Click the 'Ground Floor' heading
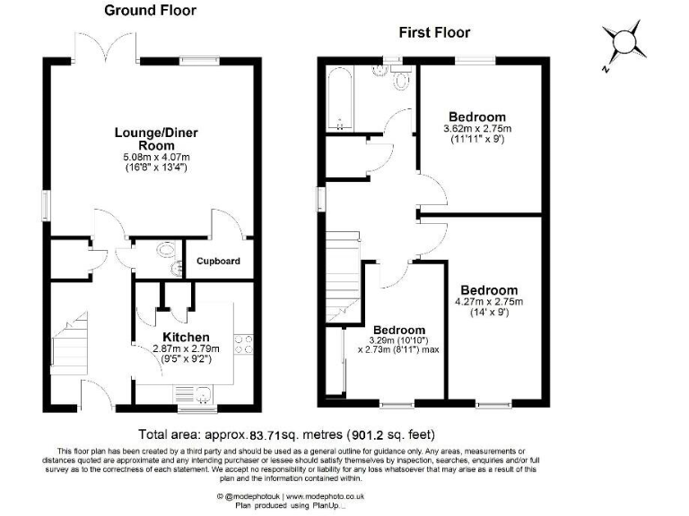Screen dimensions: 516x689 [150, 11]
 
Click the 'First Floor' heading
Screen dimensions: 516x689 [437, 33]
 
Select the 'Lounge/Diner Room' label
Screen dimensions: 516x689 [155, 139]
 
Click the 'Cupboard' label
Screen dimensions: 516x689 [219, 262]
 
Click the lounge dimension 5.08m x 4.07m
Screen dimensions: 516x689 [155, 158]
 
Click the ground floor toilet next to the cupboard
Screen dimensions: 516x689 [167, 252]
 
